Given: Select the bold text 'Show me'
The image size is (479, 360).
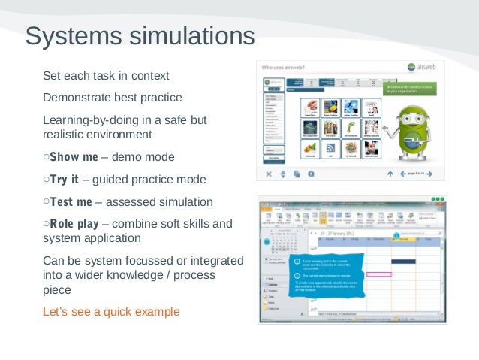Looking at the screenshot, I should coord(74,157).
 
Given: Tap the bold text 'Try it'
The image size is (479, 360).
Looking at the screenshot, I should coord(64,180).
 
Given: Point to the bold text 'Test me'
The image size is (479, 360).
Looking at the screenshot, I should coord(71,202).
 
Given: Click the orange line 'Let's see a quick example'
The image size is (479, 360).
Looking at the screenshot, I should coord(111,312).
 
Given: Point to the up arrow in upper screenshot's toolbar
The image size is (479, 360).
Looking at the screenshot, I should coord(390,174).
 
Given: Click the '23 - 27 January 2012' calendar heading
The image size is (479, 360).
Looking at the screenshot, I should coord(337,234).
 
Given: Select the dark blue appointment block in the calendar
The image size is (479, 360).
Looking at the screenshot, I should coord(403,261).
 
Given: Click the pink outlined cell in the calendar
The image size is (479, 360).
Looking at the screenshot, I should coord(379,274).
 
